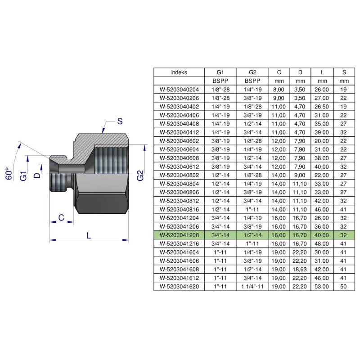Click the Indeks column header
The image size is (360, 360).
pos(179,72)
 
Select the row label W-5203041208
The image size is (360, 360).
pos(179,234)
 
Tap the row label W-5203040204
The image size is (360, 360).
pos(179,90)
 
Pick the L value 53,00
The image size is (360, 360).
pos(322,286)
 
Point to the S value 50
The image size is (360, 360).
pos(344,286)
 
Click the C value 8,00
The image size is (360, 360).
pos(279,90)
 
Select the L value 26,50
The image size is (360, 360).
pos(322,107)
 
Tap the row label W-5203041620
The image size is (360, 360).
pos(179,286)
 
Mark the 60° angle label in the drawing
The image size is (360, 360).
pos(9,174)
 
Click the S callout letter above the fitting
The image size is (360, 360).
pos(120,121)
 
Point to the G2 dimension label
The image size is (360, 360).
pos(140,175)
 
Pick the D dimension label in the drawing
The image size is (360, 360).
pos(37,168)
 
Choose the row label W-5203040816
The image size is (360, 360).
pos(179,209)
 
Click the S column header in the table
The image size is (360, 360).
pos(344,72)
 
